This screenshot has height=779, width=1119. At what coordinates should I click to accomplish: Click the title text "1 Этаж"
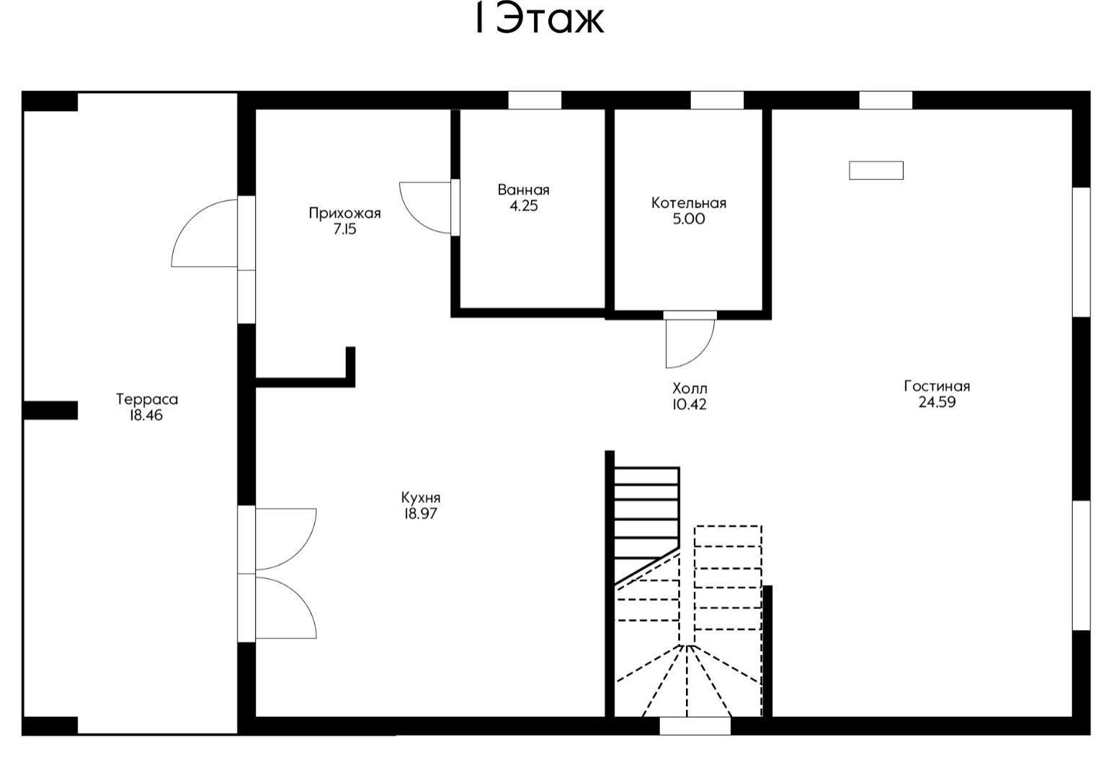pyautogui.click(x=540, y=20)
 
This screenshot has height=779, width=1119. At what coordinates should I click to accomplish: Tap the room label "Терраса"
pyautogui.click(x=147, y=400)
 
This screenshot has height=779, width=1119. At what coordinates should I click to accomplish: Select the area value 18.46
pyautogui.click(x=146, y=415)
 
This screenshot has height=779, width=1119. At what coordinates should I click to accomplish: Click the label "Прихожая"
pyautogui.click(x=344, y=214)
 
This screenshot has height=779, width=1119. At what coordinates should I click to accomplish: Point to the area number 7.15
pyautogui.click(x=344, y=229)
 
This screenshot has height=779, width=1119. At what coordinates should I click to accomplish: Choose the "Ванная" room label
pyautogui.click(x=524, y=190)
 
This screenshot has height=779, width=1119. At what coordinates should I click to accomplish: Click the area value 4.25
pyautogui.click(x=524, y=206)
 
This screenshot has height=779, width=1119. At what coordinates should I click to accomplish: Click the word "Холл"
pyautogui.click(x=690, y=389)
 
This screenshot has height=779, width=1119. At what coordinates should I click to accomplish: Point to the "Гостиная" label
pyautogui.click(x=937, y=387)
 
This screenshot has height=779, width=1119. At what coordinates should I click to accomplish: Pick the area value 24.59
pyautogui.click(x=937, y=402)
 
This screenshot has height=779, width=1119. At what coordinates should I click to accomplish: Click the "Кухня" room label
pyautogui.click(x=421, y=498)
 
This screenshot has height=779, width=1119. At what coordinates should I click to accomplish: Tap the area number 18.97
pyautogui.click(x=421, y=514)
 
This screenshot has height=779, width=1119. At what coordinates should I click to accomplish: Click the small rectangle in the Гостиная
pyautogui.click(x=876, y=170)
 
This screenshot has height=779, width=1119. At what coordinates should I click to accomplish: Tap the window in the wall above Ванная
pyautogui.click(x=535, y=100)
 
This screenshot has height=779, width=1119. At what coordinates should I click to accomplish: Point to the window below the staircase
pyautogui.click(x=695, y=726)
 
